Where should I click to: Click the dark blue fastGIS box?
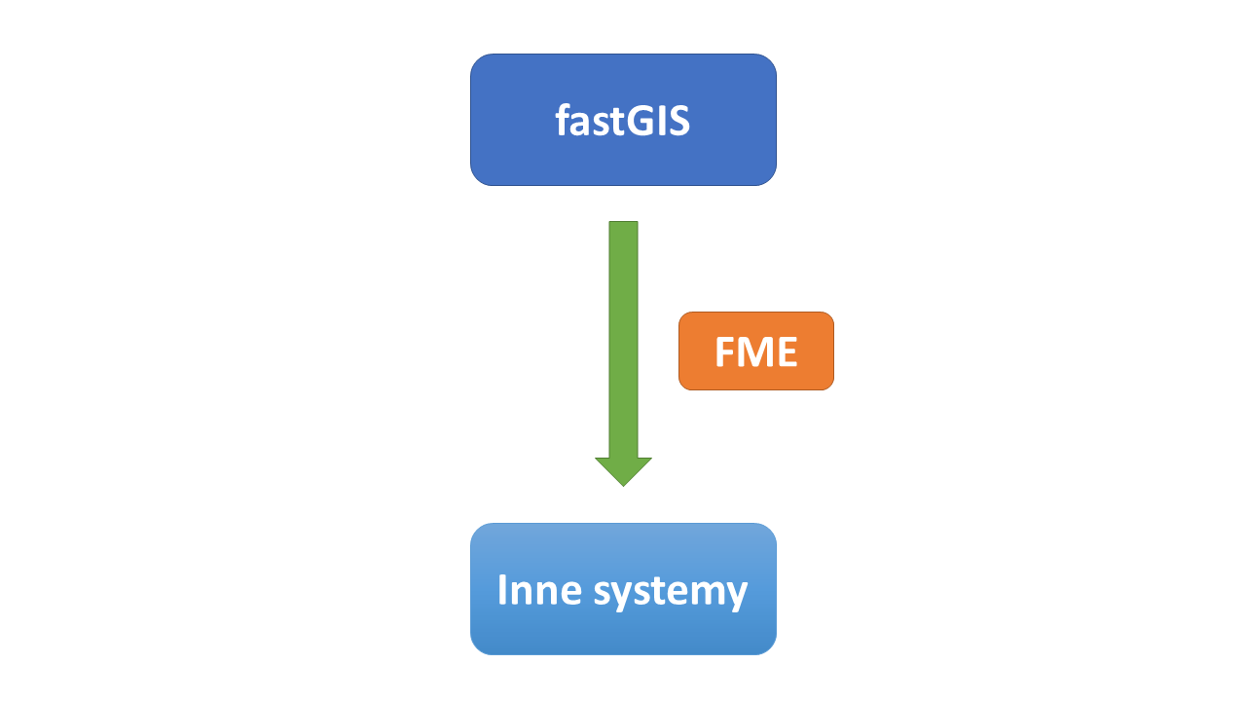pos(623,120)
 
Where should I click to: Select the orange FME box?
pos(756,351)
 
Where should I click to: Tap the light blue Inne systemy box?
pos(623,589)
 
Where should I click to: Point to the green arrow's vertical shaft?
pos(623,340)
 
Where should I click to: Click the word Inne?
pos(539,590)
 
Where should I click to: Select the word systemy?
pos(671,593)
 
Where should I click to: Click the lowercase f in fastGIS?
pos(563,120)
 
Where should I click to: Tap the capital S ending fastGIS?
pos(678,121)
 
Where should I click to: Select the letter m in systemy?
pos(703,593)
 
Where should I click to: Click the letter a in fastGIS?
pos(581,125)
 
